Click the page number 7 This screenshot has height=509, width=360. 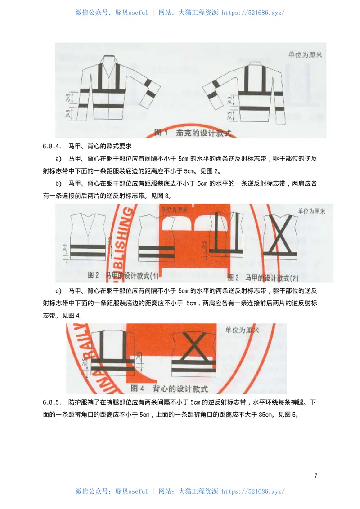point(316,476)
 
